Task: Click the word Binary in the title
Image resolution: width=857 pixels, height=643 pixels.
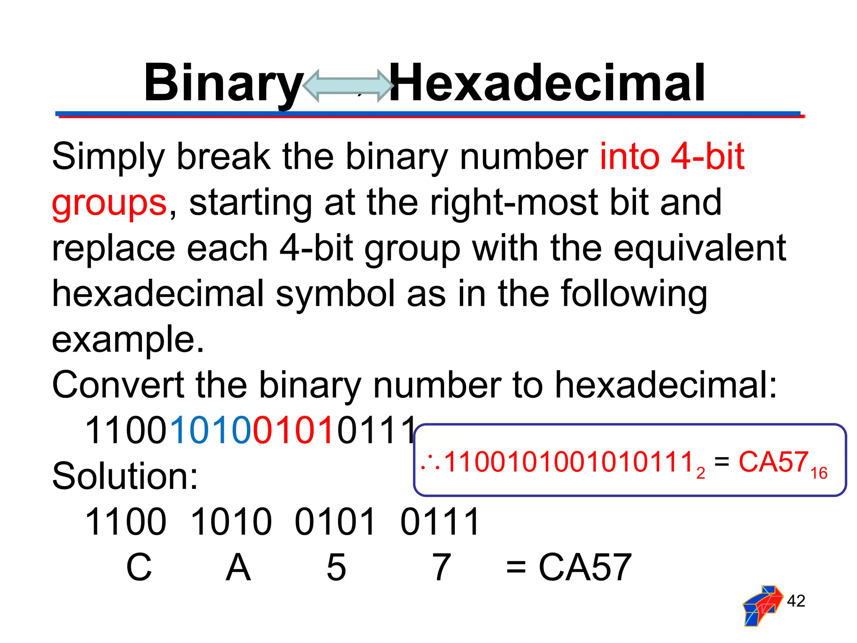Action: click(x=223, y=83)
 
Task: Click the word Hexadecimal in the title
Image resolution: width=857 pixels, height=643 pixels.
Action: click(x=547, y=83)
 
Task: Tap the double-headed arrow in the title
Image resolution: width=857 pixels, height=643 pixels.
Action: click(x=347, y=86)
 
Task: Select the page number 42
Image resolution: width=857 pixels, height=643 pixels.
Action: click(x=796, y=601)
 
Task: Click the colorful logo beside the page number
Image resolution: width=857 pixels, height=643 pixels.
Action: click(x=762, y=605)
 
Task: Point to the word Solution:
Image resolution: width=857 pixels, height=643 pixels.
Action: click(x=125, y=476)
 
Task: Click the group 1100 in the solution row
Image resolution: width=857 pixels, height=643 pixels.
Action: click(x=126, y=522)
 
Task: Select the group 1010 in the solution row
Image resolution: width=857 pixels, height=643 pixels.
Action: click(x=231, y=522)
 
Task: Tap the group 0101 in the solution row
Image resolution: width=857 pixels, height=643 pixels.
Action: click(x=335, y=522)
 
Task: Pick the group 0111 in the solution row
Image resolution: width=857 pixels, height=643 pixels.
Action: click(x=440, y=522)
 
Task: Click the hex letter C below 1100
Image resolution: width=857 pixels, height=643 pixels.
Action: click(x=139, y=567)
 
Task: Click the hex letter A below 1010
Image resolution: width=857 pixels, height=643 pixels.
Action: click(x=238, y=567)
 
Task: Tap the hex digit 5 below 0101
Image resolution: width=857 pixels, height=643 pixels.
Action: click(x=336, y=567)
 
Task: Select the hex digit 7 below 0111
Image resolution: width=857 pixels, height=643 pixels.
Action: click(x=441, y=567)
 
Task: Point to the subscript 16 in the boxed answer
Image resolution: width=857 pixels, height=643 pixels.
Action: click(x=819, y=473)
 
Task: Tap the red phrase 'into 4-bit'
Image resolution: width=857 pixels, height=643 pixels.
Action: click(x=672, y=157)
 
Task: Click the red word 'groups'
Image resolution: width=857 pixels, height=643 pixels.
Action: click(x=109, y=203)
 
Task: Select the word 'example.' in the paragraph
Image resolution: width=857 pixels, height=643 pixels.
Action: click(x=128, y=339)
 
